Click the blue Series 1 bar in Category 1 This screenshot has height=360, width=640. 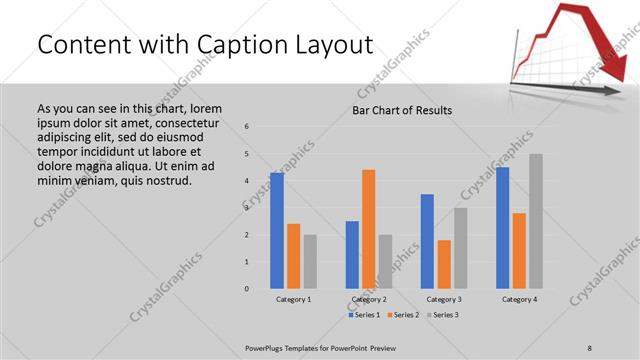277,231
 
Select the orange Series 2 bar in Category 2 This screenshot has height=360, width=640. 368,229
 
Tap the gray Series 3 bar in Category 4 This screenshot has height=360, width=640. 536,221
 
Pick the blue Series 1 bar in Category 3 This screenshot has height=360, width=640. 427,241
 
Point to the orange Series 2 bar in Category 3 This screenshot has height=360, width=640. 443,264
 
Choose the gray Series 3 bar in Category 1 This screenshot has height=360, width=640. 310,262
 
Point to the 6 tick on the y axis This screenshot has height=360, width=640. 247,126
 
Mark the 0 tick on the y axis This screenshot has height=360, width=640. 247,289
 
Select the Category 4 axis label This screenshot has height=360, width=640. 519,299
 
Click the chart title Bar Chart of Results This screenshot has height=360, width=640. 402,110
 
